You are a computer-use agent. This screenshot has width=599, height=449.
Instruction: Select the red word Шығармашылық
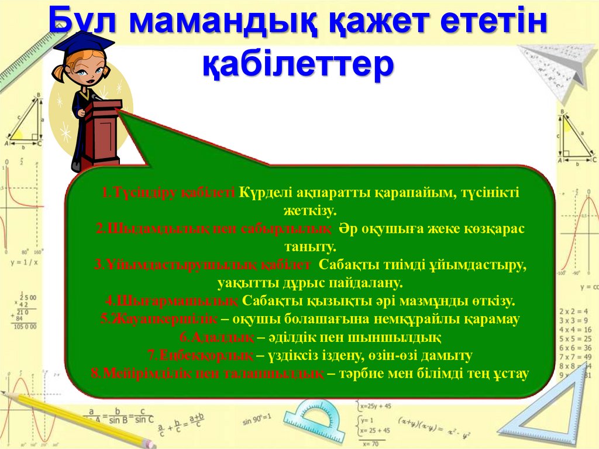coord(173,301)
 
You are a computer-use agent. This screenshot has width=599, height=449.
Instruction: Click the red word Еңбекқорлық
coord(201,356)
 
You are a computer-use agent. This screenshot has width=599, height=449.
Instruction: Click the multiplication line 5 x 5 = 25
coord(576,338)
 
